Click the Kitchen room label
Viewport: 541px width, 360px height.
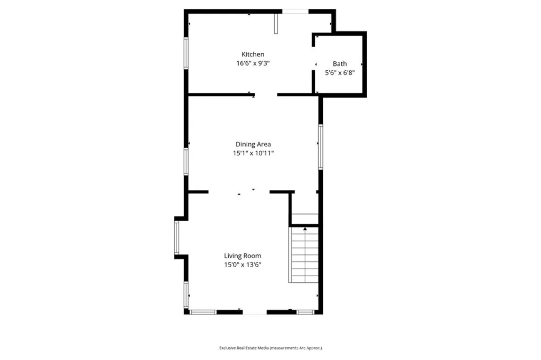pyautogui.click(x=253, y=54)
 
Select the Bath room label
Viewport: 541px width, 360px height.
pyautogui.click(x=340, y=64)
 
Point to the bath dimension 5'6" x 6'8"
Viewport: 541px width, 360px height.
pyautogui.click(x=340, y=73)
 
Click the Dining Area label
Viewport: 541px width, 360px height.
pyautogui.click(x=253, y=144)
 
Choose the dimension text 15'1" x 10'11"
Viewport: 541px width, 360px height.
pyautogui.click(x=253, y=154)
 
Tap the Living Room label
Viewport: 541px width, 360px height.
pyautogui.click(x=242, y=256)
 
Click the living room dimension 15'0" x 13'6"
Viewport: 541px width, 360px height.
pyautogui.click(x=242, y=265)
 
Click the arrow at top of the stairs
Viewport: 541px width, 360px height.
pyautogui.click(x=305, y=229)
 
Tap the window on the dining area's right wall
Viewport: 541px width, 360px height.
pyautogui.click(x=320, y=146)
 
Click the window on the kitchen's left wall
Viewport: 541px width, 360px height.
pyautogui.click(x=185, y=52)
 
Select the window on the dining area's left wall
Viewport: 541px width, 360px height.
pyautogui.click(x=186, y=161)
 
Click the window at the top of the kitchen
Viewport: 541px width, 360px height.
pyautogui.click(x=295, y=11)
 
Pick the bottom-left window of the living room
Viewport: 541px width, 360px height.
pyautogui.click(x=203, y=312)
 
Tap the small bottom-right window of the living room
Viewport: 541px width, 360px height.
pyautogui.click(x=305, y=312)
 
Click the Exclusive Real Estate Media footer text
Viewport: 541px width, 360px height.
pyautogui.click(x=270, y=348)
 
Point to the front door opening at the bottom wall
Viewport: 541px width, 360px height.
pyautogui.click(x=255, y=312)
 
